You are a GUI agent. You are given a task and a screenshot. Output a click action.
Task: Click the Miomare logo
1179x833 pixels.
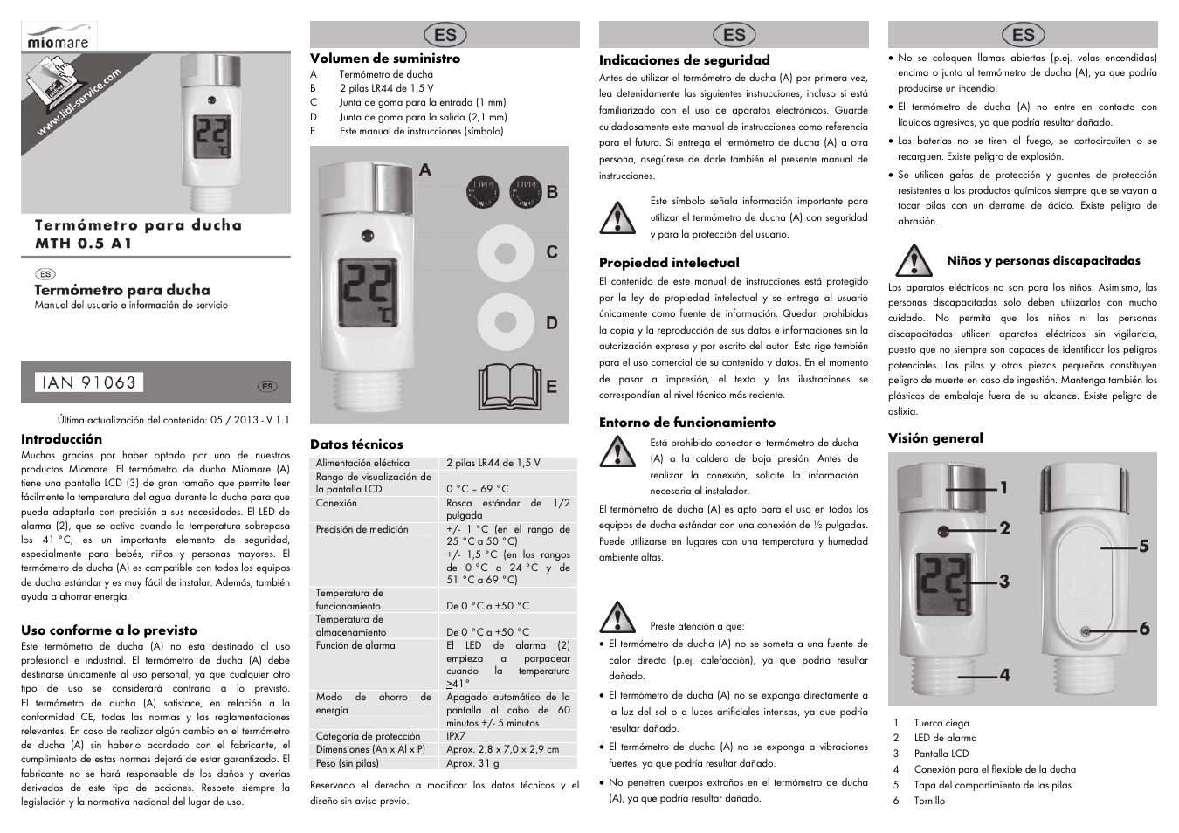point(60,37)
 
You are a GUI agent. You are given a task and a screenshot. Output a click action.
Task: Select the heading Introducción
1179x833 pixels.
point(61,439)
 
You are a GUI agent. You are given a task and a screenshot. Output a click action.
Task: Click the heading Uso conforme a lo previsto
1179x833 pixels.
point(109,630)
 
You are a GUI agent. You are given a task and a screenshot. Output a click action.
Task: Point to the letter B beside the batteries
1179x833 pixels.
point(551,192)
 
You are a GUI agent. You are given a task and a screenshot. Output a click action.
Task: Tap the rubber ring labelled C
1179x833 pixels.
point(505,253)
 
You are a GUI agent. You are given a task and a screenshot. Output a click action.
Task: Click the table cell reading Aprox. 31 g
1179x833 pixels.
point(472,762)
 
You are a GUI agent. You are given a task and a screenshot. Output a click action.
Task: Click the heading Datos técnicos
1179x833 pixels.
point(356,444)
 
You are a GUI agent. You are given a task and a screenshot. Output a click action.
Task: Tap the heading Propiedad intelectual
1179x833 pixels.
point(668,262)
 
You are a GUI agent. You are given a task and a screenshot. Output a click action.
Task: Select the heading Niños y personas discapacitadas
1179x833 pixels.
point(1043,260)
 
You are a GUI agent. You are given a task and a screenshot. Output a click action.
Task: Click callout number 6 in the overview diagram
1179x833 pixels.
point(1143,629)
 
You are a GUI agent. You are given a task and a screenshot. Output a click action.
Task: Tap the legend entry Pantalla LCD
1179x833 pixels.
point(941,754)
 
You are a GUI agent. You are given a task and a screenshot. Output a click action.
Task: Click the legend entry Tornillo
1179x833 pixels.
point(929,801)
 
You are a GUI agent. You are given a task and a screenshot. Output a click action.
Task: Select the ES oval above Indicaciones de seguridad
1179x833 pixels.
point(734,34)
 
